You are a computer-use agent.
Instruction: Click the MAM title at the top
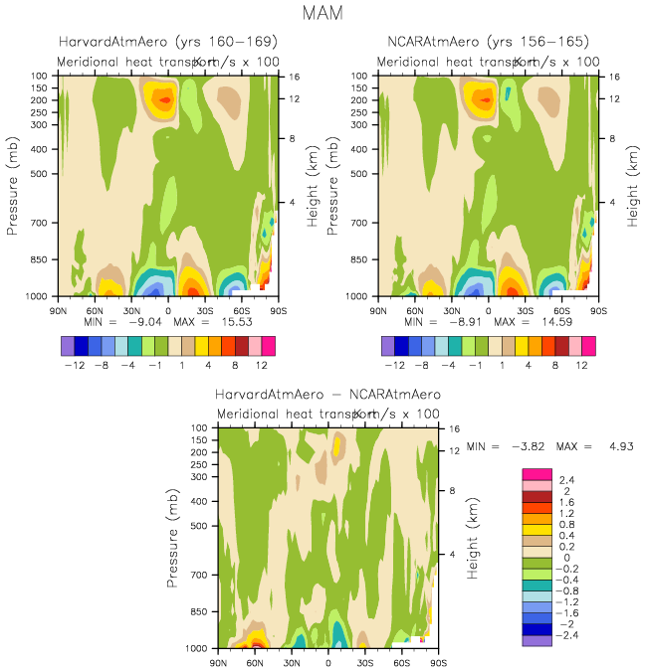(322, 14)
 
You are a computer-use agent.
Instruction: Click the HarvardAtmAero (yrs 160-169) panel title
(168, 42)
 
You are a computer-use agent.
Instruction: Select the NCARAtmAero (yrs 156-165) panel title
(489, 42)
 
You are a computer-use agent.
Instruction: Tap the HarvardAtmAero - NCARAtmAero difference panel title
(327, 394)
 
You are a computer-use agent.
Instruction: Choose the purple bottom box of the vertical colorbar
(537, 641)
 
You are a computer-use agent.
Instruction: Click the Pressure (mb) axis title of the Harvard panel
(13, 186)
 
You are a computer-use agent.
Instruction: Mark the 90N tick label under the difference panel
(219, 661)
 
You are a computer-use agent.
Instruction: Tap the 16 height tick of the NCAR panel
(614, 76)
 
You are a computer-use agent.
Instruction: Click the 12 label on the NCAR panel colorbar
(580, 365)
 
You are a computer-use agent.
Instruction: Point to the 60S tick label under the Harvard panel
(242, 309)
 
